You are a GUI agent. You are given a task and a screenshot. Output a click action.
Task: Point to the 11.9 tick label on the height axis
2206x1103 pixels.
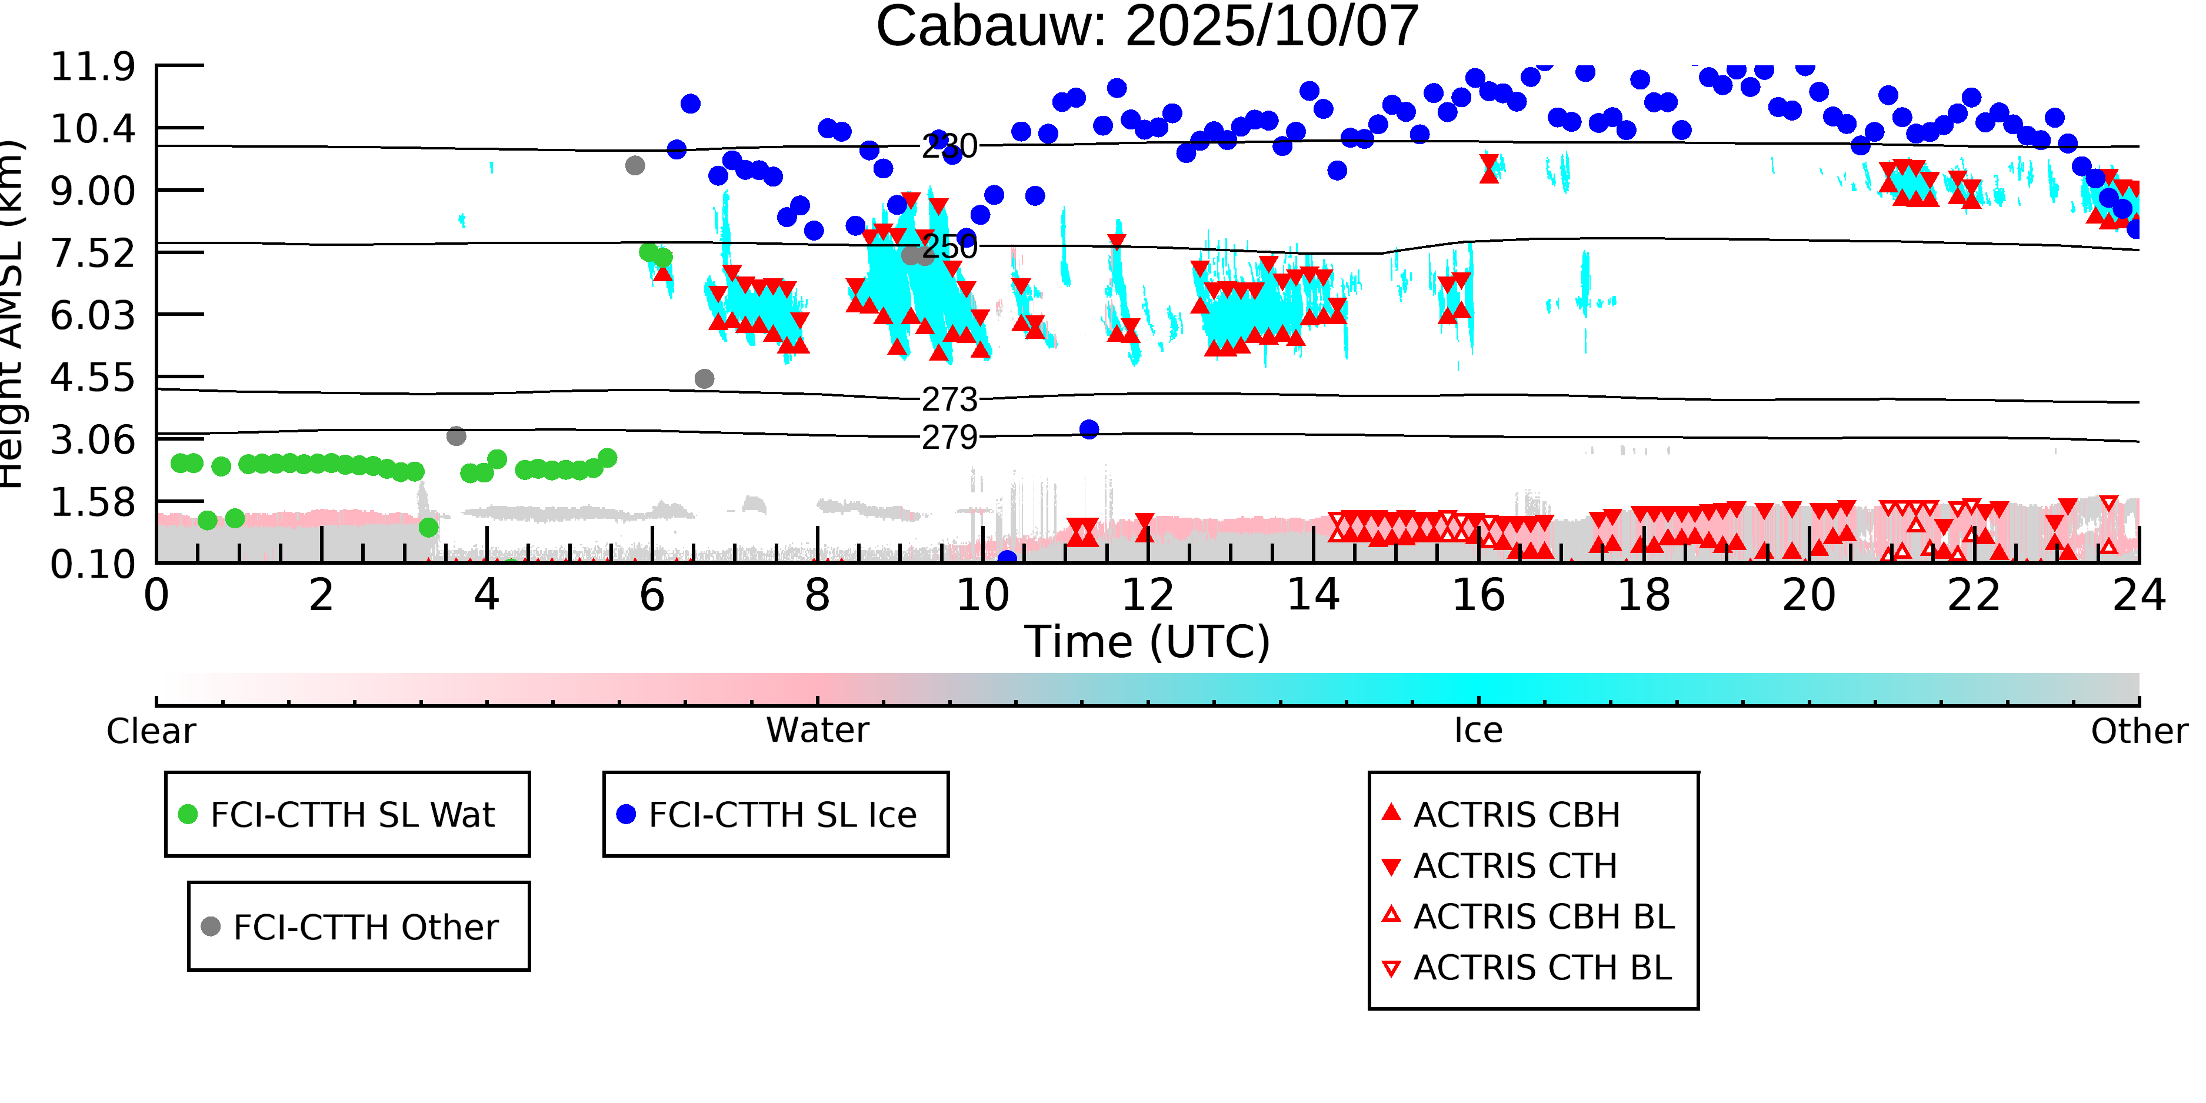click(x=92, y=67)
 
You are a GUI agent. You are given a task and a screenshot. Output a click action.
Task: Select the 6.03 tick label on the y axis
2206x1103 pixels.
click(x=92, y=315)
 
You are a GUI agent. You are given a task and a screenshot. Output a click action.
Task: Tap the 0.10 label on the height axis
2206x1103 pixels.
click(x=92, y=564)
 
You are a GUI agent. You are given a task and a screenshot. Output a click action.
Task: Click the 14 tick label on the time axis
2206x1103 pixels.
click(x=1313, y=595)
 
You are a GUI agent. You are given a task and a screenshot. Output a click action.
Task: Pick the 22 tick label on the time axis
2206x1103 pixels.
click(x=1974, y=595)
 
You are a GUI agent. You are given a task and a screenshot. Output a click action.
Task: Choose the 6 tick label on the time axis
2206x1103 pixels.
click(x=652, y=595)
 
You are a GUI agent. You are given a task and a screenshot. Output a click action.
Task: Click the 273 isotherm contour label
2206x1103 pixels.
click(x=949, y=399)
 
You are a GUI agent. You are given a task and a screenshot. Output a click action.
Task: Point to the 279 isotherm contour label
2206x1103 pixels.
click(x=949, y=438)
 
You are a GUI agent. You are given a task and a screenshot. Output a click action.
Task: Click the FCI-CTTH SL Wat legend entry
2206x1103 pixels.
click(x=352, y=814)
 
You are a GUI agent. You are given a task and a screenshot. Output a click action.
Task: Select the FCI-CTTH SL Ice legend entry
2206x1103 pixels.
click(x=782, y=814)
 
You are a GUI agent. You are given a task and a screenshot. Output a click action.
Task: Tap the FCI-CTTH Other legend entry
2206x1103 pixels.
click(x=365, y=927)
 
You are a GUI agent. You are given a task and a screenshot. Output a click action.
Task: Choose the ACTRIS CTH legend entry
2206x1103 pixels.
click(x=1514, y=866)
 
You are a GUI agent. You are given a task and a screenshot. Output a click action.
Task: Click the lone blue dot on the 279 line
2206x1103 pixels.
click(x=1088, y=429)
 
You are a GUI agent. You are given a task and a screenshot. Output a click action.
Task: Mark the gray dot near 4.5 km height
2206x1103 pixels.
click(x=704, y=378)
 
